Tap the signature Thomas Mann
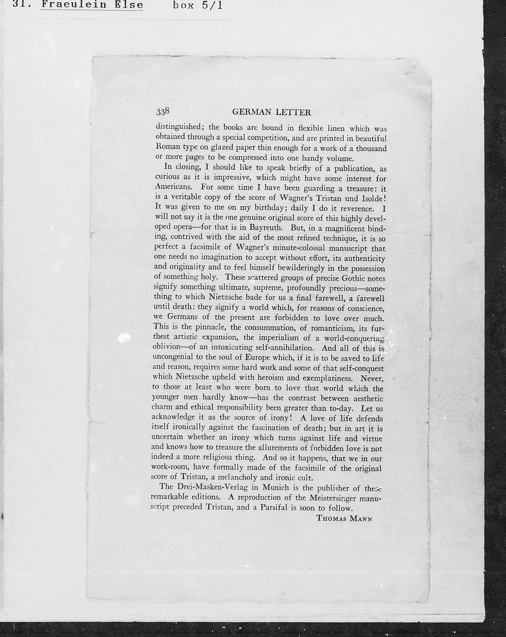pos(344,526)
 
